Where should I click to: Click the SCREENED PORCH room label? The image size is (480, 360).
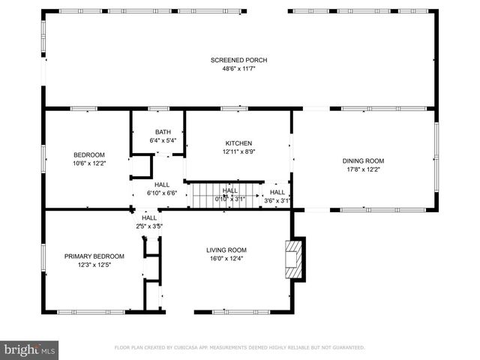tap(238, 60)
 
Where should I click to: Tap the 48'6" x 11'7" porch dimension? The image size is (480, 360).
tap(238, 69)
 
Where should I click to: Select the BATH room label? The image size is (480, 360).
tap(163, 132)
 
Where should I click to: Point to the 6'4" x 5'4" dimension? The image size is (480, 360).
tap(163, 140)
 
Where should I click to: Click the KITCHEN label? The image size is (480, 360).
tap(238, 143)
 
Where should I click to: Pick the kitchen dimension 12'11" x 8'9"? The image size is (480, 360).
tap(238, 151)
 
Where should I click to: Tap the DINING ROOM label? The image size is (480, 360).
tap(363, 160)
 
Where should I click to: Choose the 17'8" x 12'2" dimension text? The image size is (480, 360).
tap(363, 169)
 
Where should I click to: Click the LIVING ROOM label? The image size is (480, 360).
tap(226, 250)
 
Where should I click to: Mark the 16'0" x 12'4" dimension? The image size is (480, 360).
tap(226, 259)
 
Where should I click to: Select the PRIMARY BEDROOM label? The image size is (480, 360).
tap(94, 256)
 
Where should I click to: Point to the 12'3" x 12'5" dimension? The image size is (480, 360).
tap(94, 264)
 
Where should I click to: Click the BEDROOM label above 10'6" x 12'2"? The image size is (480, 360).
tap(88, 154)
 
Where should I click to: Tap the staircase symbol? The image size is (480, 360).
tap(205, 196)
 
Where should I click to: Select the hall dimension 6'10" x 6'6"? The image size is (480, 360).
tap(161, 193)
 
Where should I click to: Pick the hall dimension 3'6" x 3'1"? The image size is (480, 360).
tap(277, 200)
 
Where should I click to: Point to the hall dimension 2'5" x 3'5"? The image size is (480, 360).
tap(149, 226)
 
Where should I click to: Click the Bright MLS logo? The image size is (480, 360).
tap(30, 349)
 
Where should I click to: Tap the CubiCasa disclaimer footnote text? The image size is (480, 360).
tap(239, 348)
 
